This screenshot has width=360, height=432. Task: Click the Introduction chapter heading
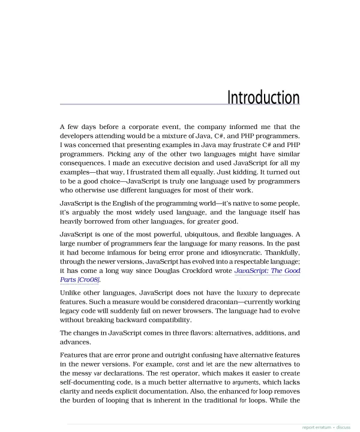point(263,97)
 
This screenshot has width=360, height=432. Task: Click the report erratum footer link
point(317,427)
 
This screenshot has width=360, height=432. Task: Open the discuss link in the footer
point(344,427)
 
